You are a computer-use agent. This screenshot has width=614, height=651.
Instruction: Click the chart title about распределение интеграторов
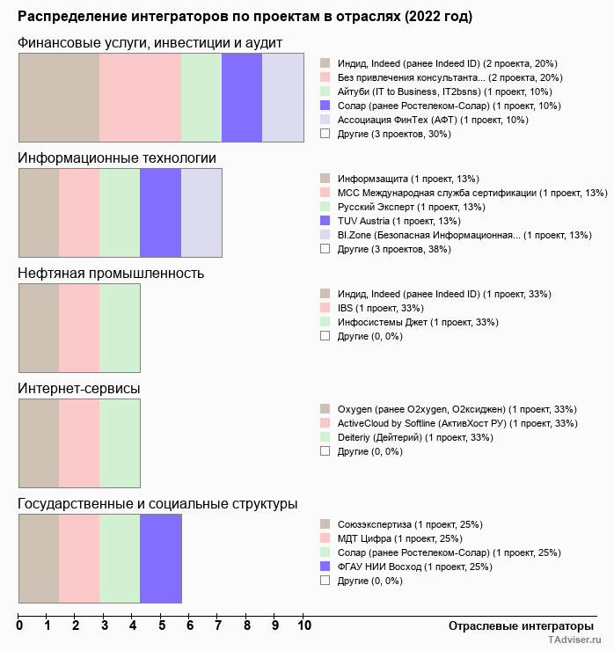[245, 17]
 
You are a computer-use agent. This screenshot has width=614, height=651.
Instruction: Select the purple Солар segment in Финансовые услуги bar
[242, 97]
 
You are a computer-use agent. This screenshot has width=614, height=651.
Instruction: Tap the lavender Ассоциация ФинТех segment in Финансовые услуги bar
[282, 97]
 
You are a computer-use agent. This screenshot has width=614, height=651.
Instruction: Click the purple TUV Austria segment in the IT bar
[160, 213]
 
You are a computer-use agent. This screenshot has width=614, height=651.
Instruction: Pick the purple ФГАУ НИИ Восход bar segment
[160, 559]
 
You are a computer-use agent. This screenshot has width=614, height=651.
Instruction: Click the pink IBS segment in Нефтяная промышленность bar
[79, 328]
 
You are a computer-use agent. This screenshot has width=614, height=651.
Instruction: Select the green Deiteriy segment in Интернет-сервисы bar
[120, 443]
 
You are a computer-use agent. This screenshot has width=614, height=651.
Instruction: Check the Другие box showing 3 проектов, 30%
[325, 134]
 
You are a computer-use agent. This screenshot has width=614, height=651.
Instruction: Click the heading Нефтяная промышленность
[111, 273]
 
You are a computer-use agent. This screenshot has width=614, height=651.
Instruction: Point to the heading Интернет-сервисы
[79, 388]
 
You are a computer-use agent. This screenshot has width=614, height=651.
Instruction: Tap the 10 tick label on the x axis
[303, 626]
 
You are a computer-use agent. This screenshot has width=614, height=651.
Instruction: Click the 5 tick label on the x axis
[162, 626]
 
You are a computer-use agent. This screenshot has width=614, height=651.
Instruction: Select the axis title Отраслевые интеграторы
[515, 625]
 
